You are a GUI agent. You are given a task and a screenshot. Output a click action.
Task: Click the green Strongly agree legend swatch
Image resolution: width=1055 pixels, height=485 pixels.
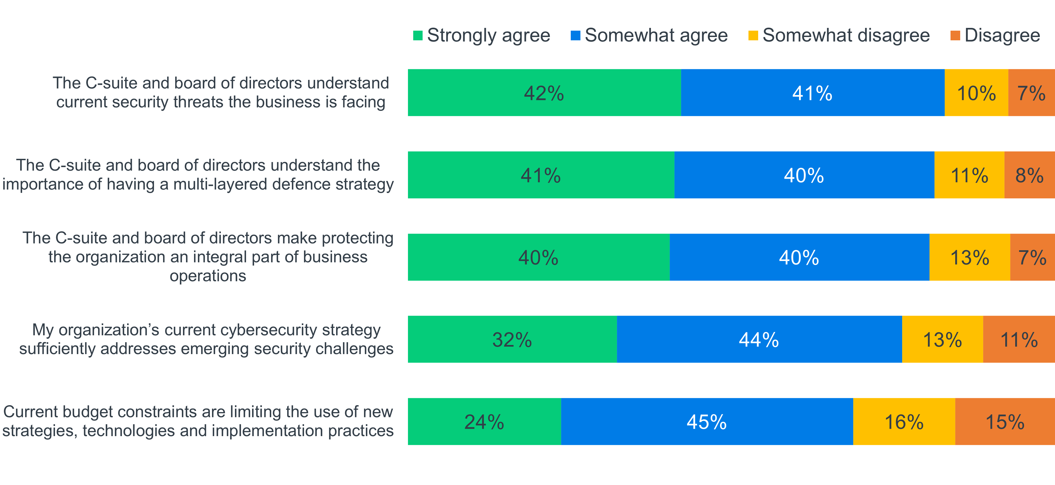coord(418,36)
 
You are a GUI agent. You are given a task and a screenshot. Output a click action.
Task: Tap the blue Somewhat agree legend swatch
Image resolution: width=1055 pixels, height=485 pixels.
coord(575,36)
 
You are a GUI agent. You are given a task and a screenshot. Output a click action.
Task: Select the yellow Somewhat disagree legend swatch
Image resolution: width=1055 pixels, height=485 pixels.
coord(753,36)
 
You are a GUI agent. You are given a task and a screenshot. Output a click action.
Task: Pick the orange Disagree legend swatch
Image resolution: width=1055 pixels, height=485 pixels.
coord(955,36)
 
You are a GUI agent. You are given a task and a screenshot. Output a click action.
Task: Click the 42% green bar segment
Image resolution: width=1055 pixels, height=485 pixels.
coord(544,93)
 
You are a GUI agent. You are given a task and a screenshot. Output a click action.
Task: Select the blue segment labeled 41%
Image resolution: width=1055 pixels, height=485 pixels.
coord(813,93)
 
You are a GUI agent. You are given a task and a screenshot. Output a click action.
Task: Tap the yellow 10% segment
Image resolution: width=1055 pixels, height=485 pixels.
coord(977,93)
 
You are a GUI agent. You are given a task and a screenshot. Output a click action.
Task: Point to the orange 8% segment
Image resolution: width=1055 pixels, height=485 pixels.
coord(1030,175)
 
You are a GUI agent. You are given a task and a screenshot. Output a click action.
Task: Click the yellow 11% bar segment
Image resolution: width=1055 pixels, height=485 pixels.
coord(969,175)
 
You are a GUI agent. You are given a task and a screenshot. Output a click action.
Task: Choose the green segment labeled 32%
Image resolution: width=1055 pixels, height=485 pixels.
coord(512,339)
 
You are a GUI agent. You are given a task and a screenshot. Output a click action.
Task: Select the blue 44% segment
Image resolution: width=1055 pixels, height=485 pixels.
coord(759,339)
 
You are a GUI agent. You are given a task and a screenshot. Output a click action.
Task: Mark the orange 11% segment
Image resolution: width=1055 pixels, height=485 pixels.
coord(1019,339)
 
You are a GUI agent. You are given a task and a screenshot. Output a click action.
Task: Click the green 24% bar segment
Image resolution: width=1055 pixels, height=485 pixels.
coord(484,421)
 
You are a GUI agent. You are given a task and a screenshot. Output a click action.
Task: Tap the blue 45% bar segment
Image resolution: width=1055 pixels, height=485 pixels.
coord(707,421)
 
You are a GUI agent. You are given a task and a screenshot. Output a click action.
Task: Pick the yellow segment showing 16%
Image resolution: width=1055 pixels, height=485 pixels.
coord(904,421)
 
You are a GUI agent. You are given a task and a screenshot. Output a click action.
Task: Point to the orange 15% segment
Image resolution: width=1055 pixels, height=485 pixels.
coord(1005,421)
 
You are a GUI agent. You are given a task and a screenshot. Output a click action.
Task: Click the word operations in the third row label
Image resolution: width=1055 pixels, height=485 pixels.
coord(208,276)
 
